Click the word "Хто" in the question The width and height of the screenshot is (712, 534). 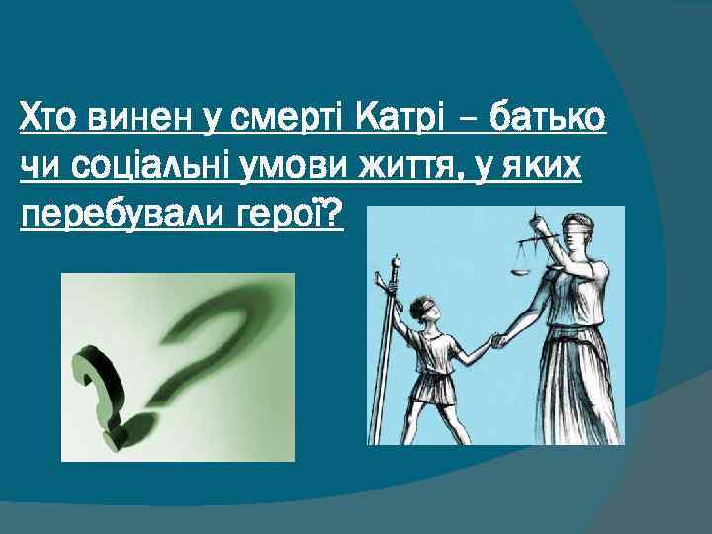50,120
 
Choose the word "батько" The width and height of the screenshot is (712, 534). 546,120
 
